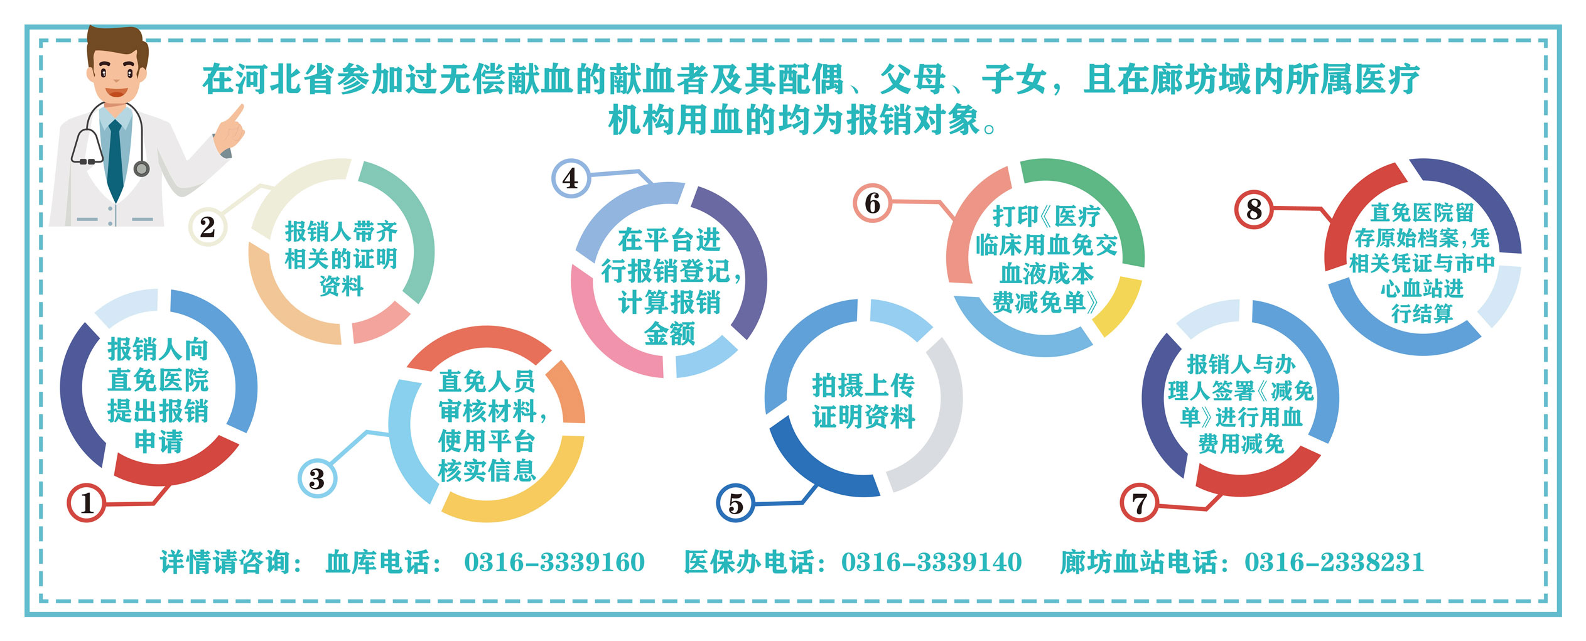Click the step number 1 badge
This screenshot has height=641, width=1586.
pyautogui.click(x=87, y=503)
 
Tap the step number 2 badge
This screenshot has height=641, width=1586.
pyautogui.click(x=208, y=227)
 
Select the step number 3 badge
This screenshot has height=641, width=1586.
pyautogui.click(x=317, y=478)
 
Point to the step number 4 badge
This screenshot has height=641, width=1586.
pyautogui.click(x=571, y=178)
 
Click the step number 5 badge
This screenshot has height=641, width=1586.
pyautogui.click(x=736, y=503)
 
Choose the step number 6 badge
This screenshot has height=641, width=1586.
pyautogui.click(x=872, y=203)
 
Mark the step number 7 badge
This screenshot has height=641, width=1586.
pyautogui.click(x=1140, y=503)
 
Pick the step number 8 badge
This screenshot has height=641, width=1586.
pyautogui.click(x=1254, y=209)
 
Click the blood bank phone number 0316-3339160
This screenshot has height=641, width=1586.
pyautogui.click(x=554, y=562)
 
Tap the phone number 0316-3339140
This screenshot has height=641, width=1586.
pyautogui.click(x=932, y=562)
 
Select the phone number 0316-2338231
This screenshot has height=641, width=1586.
pyautogui.click(x=1334, y=562)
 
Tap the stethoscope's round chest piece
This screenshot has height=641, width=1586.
pyautogui.click(x=142, y=168)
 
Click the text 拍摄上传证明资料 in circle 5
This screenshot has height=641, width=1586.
pyautogui.click(x=864, y=401)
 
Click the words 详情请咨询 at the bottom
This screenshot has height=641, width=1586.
pyautogui.click(x=225, y=562)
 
